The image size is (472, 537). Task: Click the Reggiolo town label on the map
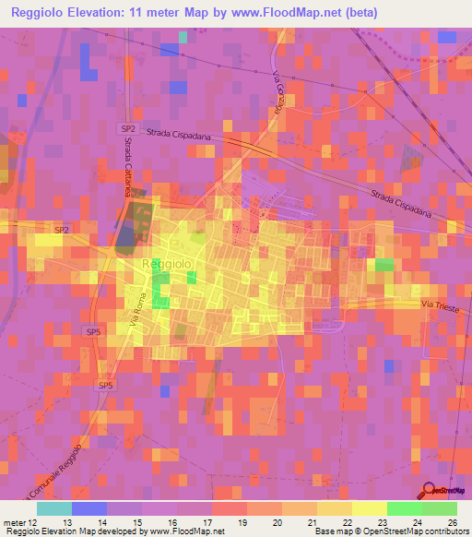click(167, 264)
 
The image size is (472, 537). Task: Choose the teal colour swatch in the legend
click(54, 507)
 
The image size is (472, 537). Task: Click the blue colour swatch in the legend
click(89, 507)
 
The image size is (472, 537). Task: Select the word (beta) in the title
click(354, 11)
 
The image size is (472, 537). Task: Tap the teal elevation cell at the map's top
click(183, 37)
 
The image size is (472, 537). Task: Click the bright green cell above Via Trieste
click(383, 265)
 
